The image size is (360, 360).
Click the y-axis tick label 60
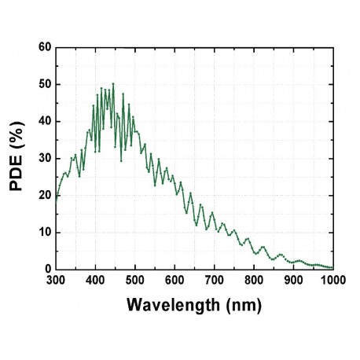click(x=44, y=47)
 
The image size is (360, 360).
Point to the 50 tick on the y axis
click(x=44, y=84)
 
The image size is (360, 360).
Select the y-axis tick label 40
click(x=44, y=121)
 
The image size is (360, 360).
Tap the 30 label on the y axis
click(x=44, y=158)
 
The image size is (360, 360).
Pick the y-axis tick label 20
click(x=44, y=195)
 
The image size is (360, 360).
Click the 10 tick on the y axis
click(x=44, y=232)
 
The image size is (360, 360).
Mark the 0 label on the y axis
click(x=47, y=269)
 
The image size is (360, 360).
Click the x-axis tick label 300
click(x=56, y=279)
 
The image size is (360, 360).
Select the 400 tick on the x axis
click(x=95, y=279)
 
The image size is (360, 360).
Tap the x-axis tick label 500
click(x=134, y=279)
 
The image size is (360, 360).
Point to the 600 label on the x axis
click(x=174, y=279)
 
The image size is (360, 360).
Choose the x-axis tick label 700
click(x=214, y=279)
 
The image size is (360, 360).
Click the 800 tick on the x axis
click(x=253, y=279)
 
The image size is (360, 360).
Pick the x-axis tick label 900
click(x=293, y=279)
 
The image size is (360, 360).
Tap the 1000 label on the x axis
click(x=332, y=279)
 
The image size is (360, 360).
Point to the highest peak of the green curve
click(x=113, y=83)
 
